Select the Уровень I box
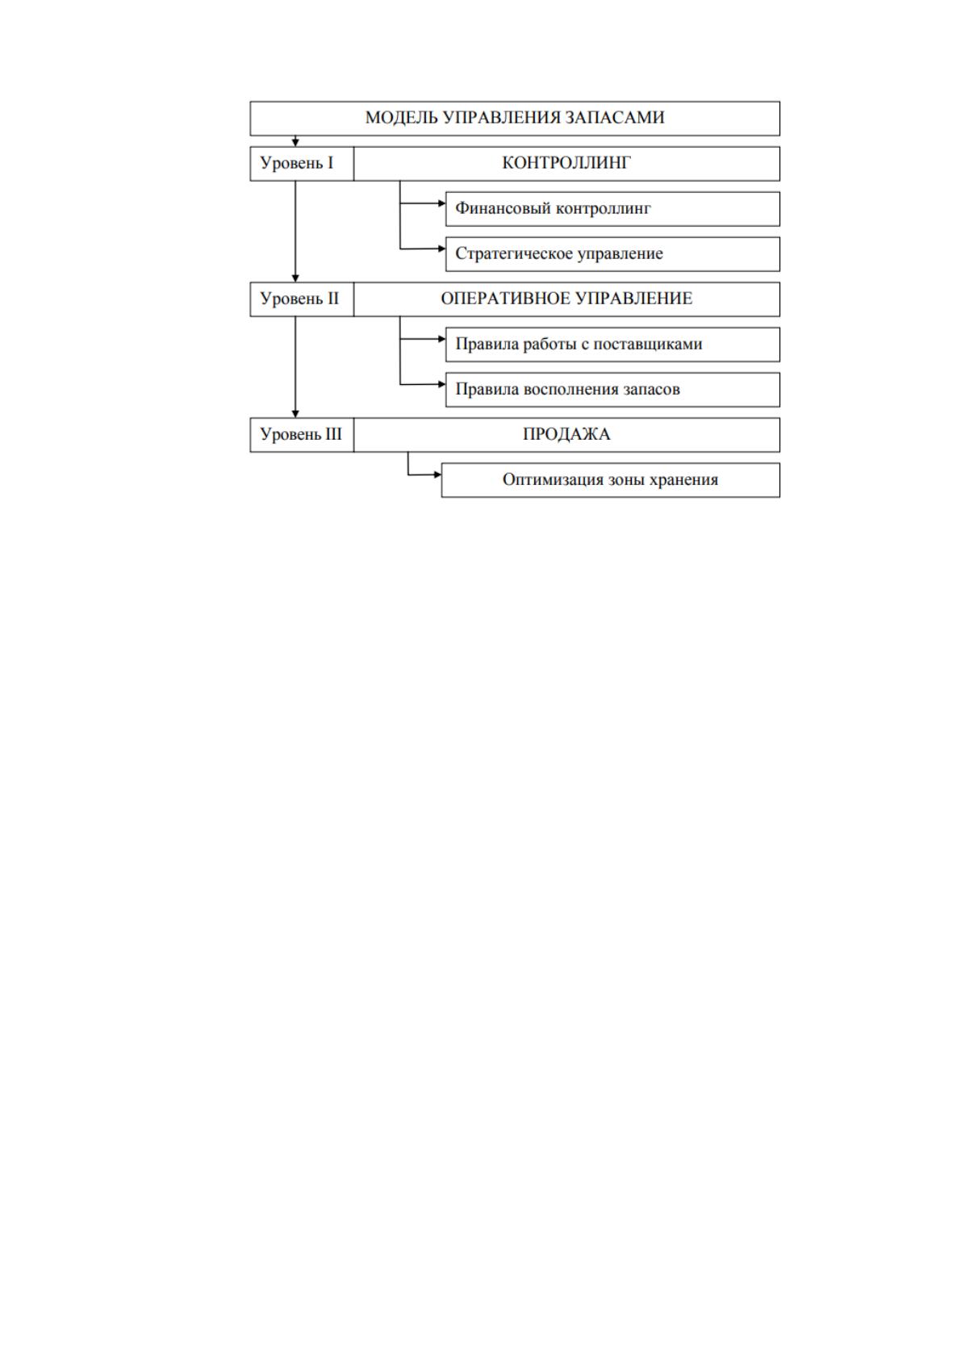[302, 164]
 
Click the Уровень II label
[299, 299]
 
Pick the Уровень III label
[301, 434]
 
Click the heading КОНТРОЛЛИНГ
[566, 163]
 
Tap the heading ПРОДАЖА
[566, 434]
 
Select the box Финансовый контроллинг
[612, 209]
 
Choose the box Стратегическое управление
[612, 254]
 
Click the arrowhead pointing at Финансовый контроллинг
[442, 203]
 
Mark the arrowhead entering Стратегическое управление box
[442, 249]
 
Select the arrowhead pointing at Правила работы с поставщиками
[442, 339]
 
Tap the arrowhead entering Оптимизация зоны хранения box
[438, 475]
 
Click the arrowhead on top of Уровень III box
[295, 414]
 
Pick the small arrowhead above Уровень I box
[295, 143]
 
